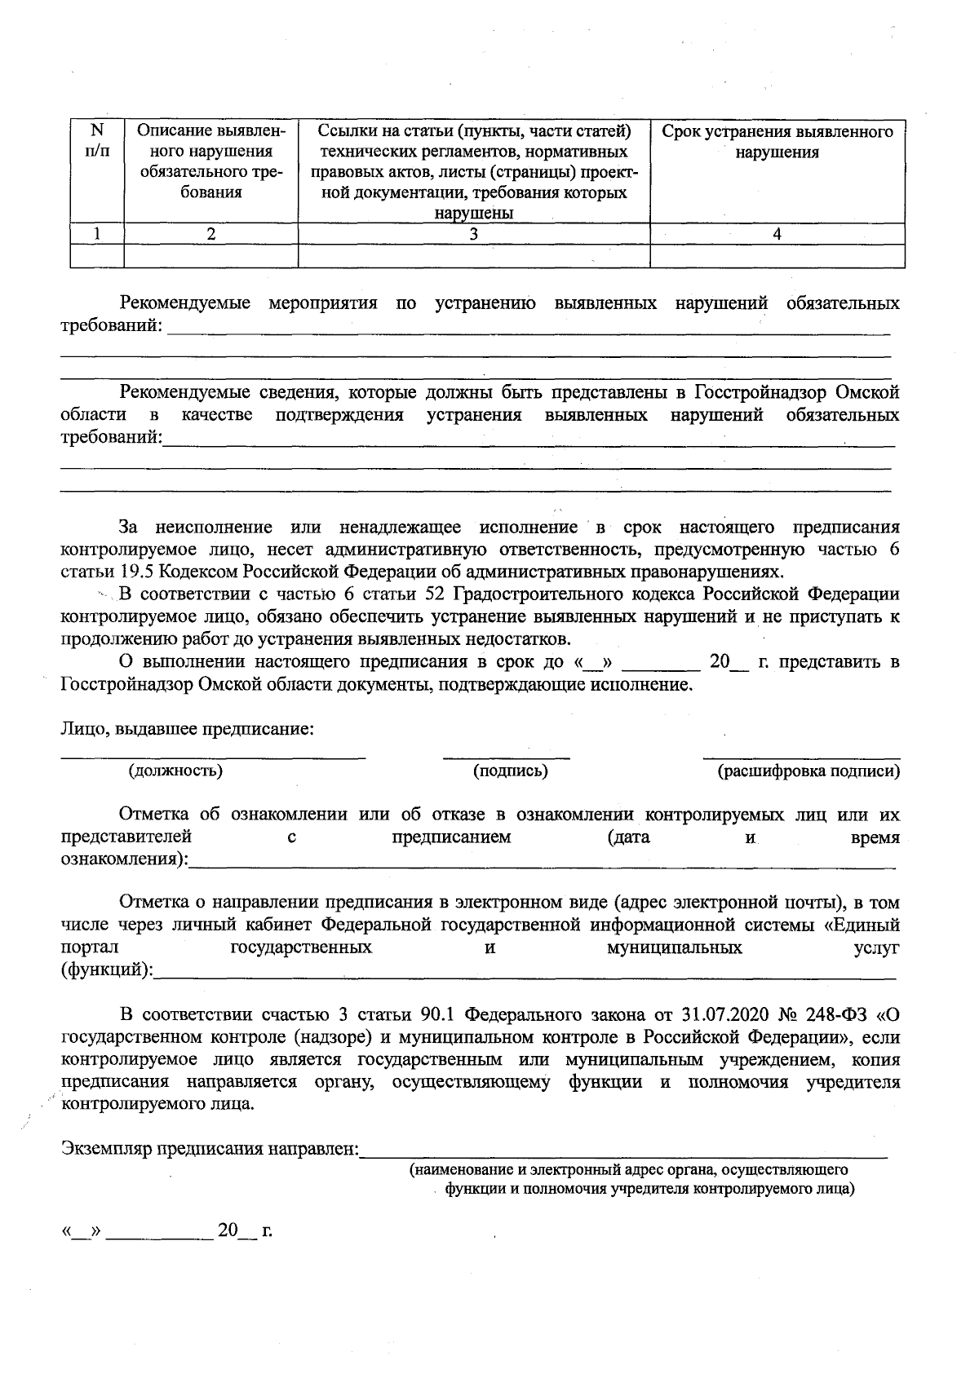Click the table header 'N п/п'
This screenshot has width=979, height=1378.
pyautogui.click(x=96, y=141)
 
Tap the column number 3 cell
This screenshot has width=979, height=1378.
pyautogui.click(x=473, y=234)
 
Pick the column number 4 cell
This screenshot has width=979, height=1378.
pyautogui.click(x=777, y=234)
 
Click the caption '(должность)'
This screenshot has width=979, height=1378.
pyautogui.click(x=175, y=771)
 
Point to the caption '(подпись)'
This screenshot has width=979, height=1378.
pyautogui.click(x=511, y=771)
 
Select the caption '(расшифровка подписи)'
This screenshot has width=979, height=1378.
pyautogui.click(x=808, y=771)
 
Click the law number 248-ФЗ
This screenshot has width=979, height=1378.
pyautogui.click(x=833, y=1015)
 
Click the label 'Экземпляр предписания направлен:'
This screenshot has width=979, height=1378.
pyautogui.click(x=210, y=1150)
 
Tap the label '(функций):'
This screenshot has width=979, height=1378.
pyautogui.click(x=107, y=971)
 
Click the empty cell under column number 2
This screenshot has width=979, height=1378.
pyautogui.click(x=210, y=257)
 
